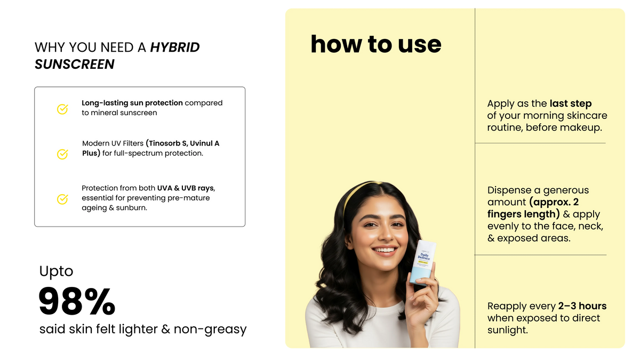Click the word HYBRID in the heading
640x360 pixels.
[x=175, y=47]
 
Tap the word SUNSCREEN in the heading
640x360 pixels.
[x=75, y=64]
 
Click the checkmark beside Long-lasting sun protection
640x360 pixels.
[x=62, y=109]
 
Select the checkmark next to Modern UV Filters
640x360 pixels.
[x=62, y=154]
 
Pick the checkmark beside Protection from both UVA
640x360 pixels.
[x=62, y=199]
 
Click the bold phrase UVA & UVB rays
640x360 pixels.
[x=186, y=188]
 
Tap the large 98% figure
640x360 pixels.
[x=77, y=301]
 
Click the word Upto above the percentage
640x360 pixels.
[x=57, y=271]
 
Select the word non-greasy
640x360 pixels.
[x=210, y=330]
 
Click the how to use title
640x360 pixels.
[x=376, y=44]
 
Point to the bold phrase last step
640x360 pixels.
[x=571, y=103]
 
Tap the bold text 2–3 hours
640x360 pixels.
[x=582, y=306]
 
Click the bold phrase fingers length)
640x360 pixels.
[x=523, y=214]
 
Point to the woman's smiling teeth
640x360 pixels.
[x=385, y=250]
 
